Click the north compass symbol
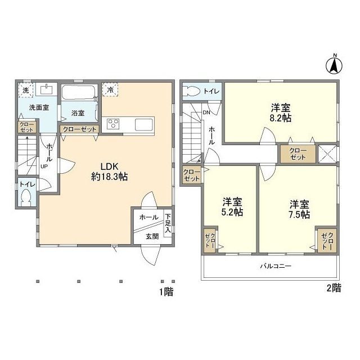[334, 66]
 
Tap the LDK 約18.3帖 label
[110, 171]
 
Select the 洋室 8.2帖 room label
[281, 112]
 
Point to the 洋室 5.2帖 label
[232, 206]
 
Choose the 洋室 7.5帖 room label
[299, 209]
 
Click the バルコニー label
[276, 266]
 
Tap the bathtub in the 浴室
[79, 92]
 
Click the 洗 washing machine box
[26, 90]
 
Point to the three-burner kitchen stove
[113, 124]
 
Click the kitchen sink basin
[144, 124]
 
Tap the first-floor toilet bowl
[25, 197]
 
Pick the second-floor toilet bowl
[192, 91]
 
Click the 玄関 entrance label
[152, 236]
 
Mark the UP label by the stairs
[44, 166]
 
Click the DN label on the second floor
[206, 112]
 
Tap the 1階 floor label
[166, 292]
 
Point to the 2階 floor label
[334, 288]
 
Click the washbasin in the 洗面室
[46, 89]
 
